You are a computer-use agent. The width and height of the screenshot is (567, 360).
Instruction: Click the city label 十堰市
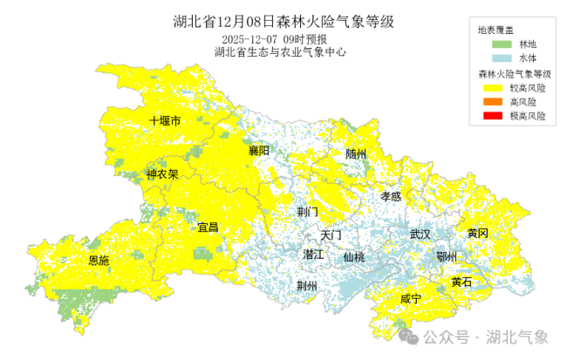[165, 121]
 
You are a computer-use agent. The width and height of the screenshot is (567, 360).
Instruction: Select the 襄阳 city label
[259, 151]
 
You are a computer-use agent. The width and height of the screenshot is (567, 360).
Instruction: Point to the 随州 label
[356, 153]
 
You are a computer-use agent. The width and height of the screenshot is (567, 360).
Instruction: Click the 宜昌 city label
[208, 228]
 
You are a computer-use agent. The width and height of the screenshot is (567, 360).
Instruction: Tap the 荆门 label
[307, 212]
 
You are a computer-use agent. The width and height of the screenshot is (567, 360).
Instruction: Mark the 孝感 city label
[391, 197]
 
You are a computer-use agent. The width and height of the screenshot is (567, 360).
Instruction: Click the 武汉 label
[420, 234]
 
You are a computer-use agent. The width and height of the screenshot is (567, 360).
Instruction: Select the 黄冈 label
[477, 233]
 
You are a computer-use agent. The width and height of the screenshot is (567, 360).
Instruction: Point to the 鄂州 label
[447, 255]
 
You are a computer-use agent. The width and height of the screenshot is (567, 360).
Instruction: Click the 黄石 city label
[461, 282]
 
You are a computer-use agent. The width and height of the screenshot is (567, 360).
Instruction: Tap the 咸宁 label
[410, 299]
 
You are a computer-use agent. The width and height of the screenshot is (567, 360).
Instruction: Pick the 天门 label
[331, 235]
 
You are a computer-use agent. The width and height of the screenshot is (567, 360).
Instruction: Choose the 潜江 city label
[313, 255]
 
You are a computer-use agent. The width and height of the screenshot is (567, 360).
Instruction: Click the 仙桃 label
[353, 257]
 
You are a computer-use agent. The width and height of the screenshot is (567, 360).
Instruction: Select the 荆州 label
[307, 286]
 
